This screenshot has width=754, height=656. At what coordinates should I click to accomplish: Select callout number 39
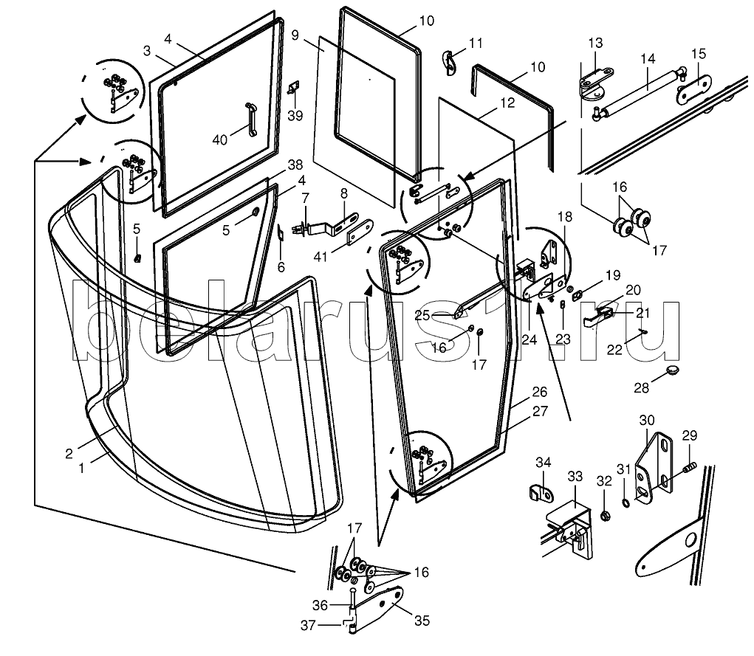click(x=295, y=116)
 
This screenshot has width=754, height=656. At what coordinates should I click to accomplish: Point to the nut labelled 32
click(x=605, y=514)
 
